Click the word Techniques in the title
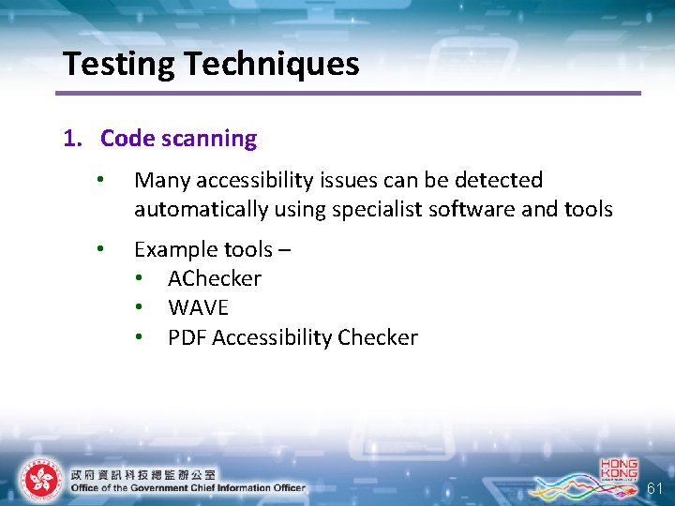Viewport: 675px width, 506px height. (272, 64)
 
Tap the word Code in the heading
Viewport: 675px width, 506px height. (127, 139)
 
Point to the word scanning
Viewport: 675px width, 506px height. (209, 139)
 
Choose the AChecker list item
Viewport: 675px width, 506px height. (215, 278)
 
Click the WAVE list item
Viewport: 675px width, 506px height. (198, 307)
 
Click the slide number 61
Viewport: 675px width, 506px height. (655, 488)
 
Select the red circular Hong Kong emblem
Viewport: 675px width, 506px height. (40, 480)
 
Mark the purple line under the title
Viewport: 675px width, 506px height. (348, 93)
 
